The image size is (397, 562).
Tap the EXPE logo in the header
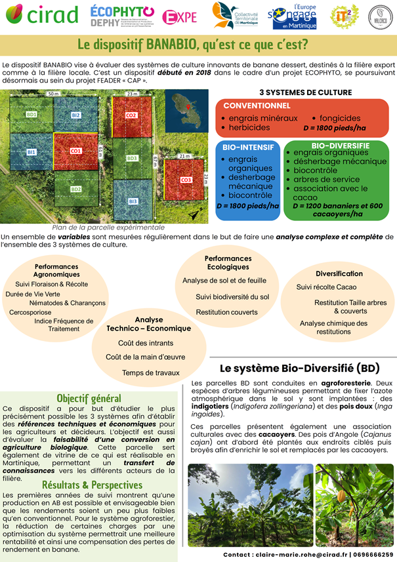[179, 17]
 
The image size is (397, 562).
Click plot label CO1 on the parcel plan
[76, 151]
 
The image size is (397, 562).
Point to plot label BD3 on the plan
[132, 158]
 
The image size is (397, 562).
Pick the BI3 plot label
[133, 201]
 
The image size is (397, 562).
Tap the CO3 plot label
[186, 180]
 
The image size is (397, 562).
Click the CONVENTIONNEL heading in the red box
[257, 106]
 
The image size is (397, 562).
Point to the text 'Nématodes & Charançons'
[67, 303]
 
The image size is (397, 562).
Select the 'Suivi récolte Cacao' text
[326, 287]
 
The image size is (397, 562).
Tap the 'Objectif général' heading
[89, 398]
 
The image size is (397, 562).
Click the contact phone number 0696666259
[367, 555]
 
